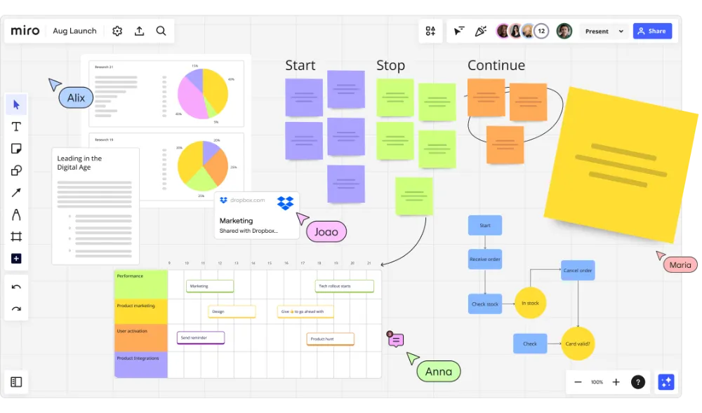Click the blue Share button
point(652,32)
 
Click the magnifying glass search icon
point(161,31)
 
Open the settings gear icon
point(117,31)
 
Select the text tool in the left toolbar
point(16,127)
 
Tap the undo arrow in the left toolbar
point(16,286)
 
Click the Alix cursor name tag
point(76,97)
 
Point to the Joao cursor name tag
point(326,232)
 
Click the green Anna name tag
point(439,372)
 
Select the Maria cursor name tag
point(680,264)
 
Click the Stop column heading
point(390,66)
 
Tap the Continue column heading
point(496,66)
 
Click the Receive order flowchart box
point(485,259)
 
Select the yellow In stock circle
point(530,303)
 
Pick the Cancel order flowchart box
point(578,271)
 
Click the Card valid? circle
point(578,344)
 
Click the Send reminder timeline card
point(201,338)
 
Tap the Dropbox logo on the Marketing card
point(285,203)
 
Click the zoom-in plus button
point(616,382)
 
